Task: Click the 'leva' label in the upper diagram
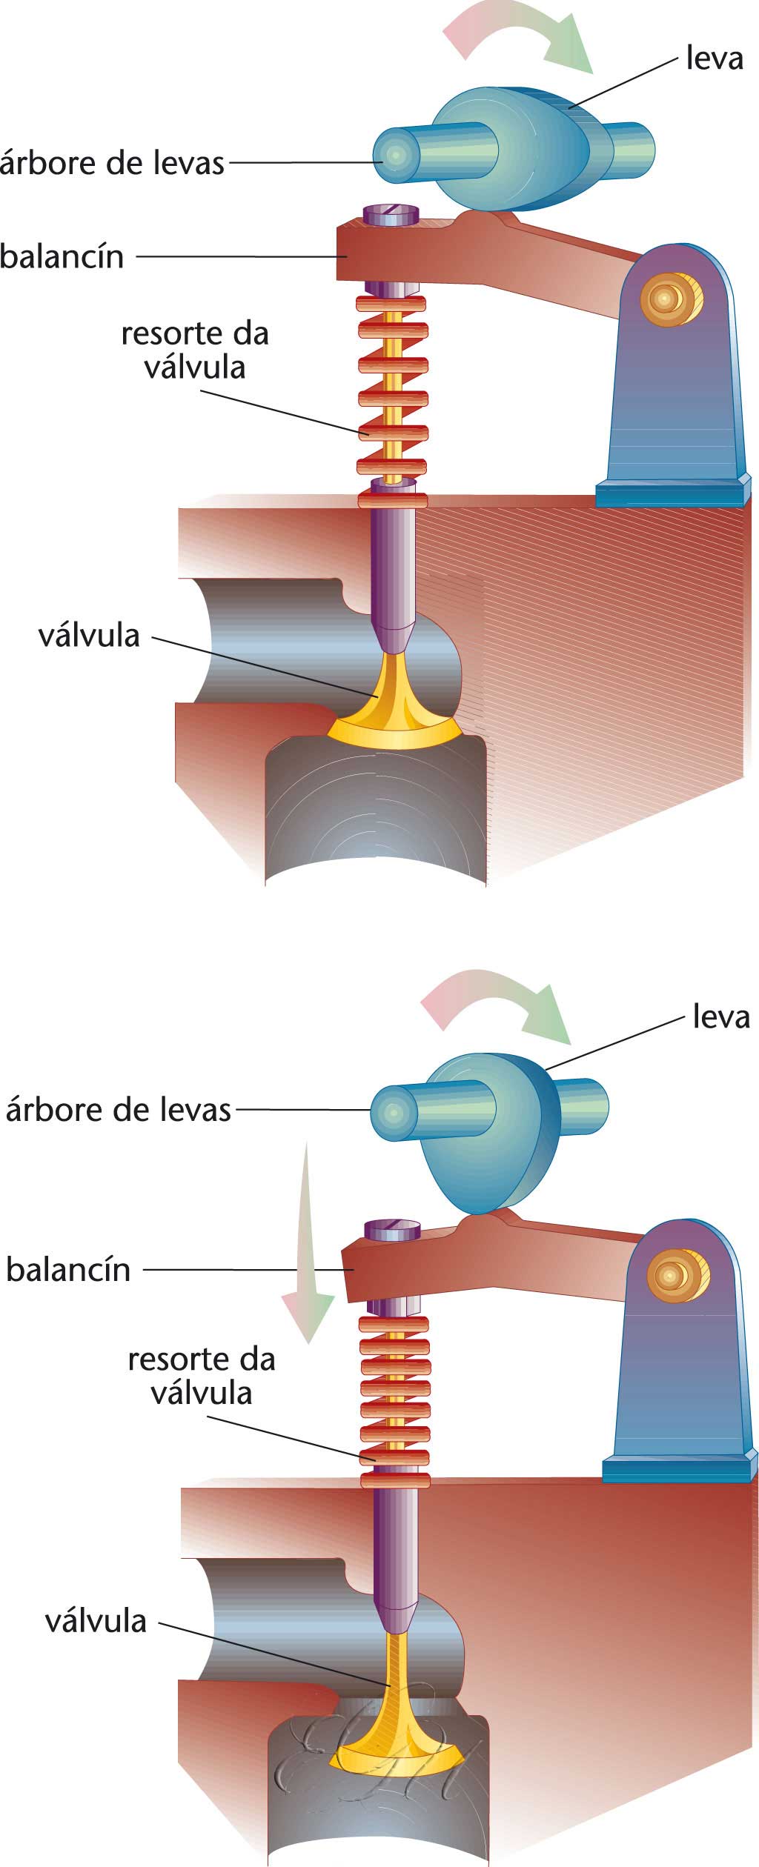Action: point(714,58)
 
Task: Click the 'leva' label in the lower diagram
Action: point(720,1016)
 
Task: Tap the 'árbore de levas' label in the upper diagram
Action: point(113,163)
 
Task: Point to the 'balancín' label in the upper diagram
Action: point(62,256)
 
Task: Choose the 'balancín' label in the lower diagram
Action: point(68,1269)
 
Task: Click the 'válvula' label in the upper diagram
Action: point(89,635)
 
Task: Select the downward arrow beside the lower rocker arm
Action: point(306,1245)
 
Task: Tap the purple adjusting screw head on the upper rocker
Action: point(391,215)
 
